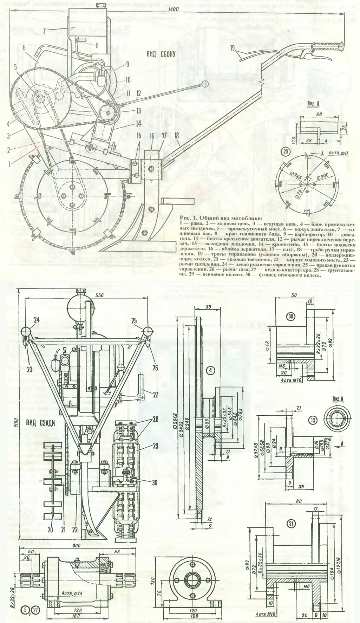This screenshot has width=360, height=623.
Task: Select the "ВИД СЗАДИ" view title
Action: [40, 423]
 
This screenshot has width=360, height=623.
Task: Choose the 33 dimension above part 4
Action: [208, 306]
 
